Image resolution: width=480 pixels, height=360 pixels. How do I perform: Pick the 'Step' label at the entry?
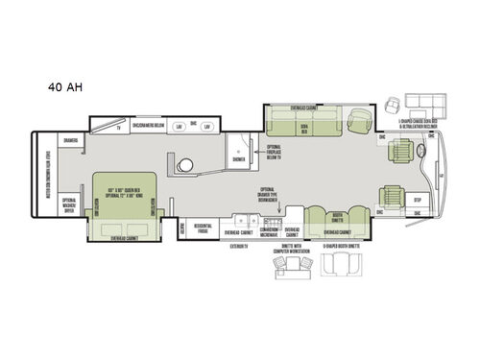click(x=417, y=201)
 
